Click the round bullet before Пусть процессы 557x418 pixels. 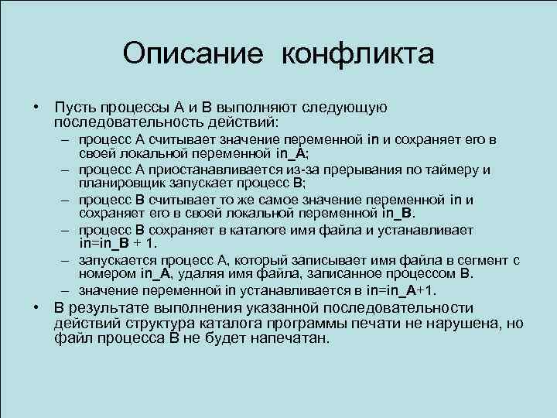tap(36, 107)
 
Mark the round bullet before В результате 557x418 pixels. tap(36, 308)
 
